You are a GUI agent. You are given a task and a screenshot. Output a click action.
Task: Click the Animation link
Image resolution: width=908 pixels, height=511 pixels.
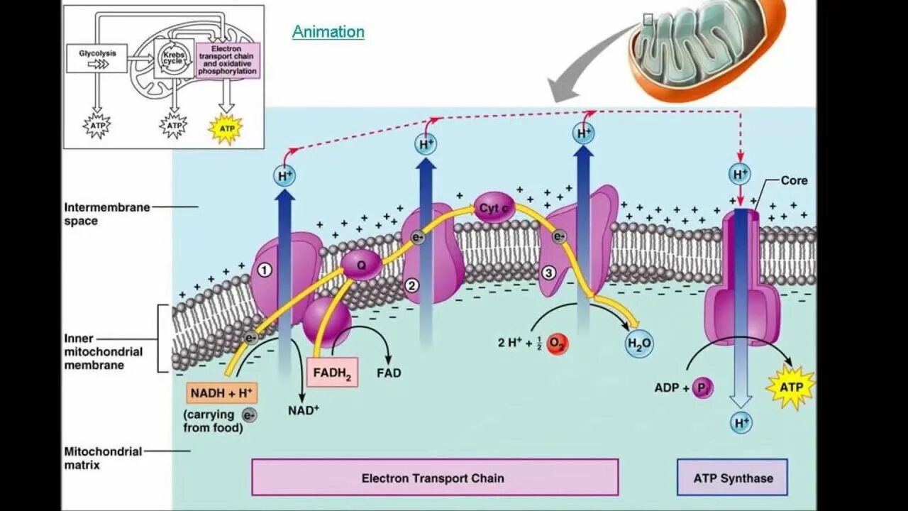coord(328,32)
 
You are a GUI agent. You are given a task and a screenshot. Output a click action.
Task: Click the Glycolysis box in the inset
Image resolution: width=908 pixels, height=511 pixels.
coord(97,57)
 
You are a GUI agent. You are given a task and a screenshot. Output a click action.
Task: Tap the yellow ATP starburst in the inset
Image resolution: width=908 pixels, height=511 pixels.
coord(226,128)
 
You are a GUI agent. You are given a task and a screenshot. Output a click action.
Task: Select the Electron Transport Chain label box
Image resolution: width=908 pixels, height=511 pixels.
coord(434,478)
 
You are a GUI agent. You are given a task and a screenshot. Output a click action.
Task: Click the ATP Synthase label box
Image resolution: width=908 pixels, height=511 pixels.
coord(732,478)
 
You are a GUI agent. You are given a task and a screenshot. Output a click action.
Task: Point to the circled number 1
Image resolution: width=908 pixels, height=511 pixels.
coord(265,270)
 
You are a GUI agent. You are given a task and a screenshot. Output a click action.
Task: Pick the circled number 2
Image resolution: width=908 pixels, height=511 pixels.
coord(411,285)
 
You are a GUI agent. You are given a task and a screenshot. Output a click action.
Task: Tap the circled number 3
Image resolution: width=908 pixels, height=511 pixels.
coord(548,273)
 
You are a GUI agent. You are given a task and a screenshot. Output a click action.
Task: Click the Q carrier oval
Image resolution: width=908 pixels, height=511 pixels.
coord(362,265)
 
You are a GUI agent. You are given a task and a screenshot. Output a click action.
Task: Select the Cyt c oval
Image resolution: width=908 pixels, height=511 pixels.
coord(494,207)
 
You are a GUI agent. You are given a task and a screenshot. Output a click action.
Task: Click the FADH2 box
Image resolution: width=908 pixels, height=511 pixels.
coord(332,372)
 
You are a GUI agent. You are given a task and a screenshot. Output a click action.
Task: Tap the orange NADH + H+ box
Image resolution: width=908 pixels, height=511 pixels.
coord(222,392)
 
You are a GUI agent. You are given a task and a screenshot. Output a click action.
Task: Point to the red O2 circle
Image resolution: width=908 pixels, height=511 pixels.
coord(558,344)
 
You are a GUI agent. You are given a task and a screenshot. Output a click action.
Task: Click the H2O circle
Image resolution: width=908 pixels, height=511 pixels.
coord(638,345)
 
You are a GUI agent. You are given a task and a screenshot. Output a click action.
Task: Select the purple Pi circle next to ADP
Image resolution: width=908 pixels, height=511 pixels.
coord(702,388)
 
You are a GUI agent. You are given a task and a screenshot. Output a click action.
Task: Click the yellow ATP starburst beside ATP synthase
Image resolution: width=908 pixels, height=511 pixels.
coord(791,388)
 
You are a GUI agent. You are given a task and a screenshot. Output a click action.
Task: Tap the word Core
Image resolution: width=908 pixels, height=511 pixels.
coord(794,180)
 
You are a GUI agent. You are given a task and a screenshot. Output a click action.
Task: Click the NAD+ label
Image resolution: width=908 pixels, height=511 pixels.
coord(303,410)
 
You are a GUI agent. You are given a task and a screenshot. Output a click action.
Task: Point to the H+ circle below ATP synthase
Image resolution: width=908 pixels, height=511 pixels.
coord(741,424)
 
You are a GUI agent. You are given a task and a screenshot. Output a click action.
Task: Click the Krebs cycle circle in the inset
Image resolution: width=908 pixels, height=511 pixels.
coord(173,59)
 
